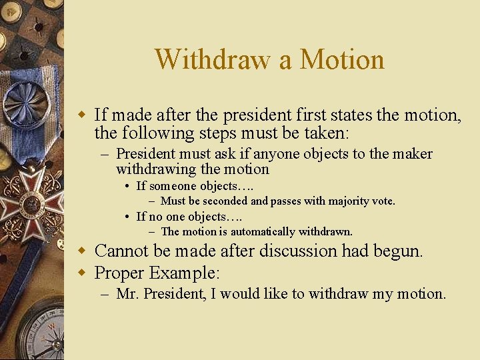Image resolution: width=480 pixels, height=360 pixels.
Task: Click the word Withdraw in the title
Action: [214, 59]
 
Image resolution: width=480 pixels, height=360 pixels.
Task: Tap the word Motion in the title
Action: [342, 59]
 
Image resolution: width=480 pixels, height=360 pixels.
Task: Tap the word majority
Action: [347, 201]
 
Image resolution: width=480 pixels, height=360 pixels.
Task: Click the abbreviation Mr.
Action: [125, 294]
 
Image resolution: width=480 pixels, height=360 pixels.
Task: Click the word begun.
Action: [402, 251]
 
